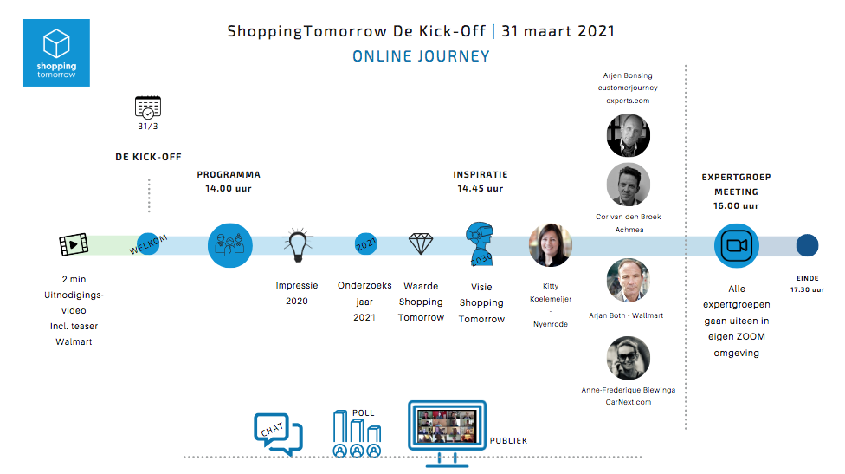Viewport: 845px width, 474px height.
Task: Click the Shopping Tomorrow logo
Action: pos(56,53)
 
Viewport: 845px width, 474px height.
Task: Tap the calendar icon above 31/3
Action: pos(148,107)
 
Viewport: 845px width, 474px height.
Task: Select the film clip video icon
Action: pos(74,244)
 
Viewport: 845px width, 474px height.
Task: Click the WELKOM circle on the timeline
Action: pos(148,244)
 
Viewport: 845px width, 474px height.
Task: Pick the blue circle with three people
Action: pos(230,245)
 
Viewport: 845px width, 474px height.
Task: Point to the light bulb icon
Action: pos(298,245)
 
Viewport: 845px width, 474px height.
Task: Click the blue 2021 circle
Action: pos(366,244)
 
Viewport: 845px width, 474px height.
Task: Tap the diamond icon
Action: pos(421,243)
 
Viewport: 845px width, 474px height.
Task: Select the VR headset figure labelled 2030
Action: pos(480,243)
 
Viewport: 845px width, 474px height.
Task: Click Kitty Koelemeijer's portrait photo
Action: pos(551,245)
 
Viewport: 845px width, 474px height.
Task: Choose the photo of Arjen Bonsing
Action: pos(629,135)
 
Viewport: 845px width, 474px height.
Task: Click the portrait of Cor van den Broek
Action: pos(629,185)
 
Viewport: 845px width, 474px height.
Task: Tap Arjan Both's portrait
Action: pos(629,281)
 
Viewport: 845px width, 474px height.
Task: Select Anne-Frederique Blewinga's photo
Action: pos(629,358)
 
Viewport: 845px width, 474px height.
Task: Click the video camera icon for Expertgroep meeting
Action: pos(737,245)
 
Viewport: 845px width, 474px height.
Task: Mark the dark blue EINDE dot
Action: pos(807,245)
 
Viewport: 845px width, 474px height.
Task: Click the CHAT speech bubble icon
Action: pos(278,433)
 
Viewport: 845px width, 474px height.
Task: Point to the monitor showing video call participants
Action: pos(448,432)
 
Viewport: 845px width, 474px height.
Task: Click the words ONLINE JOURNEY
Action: pos(422,56)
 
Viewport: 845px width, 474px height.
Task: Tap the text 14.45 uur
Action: pos(481,189)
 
